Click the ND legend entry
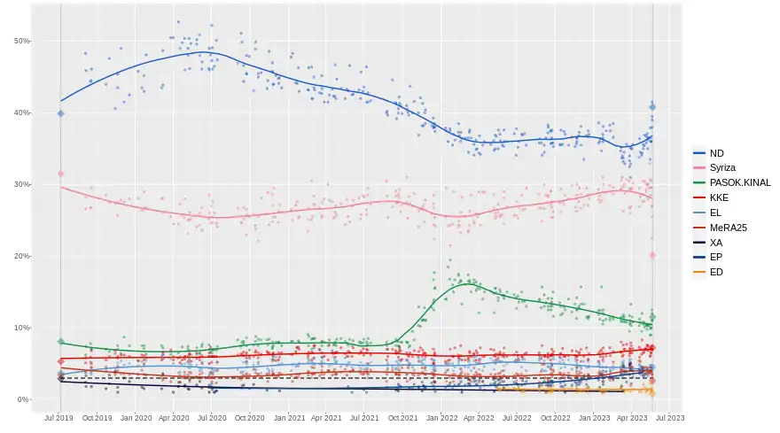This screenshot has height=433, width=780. (717, 153)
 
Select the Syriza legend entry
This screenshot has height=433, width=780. (723, 167)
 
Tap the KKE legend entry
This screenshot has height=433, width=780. (719, 197)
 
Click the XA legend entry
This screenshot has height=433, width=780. (716, 242)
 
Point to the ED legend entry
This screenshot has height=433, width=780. (716, 272)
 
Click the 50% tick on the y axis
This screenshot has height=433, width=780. (22, 41)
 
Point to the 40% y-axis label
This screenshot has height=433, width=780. (22, 112)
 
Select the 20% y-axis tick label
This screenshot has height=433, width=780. (22, 256)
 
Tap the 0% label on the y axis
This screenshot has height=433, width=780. (24, 399)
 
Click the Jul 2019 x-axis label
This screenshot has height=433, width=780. (59, 417)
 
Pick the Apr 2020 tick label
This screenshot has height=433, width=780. (174, 417)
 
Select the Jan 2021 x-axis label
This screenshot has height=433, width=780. (290, 417)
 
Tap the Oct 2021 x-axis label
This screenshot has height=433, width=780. (403, 417)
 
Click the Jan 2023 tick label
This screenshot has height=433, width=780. (595, 417)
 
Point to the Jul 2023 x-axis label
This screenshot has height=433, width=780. (670, 417)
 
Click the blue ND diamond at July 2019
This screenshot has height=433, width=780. (60, 113)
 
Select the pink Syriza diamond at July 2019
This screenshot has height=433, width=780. (60, 174)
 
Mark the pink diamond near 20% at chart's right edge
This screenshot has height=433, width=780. (652, 255)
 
